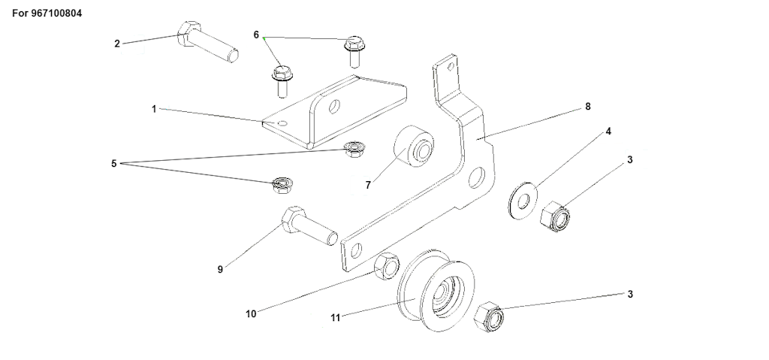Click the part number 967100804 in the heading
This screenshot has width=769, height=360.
56,14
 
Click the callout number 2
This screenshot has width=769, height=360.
116,44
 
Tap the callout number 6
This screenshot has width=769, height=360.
256,35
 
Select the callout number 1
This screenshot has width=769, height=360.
153,109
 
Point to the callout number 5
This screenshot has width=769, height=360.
114,164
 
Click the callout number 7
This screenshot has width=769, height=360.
368,185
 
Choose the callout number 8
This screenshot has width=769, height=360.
588,106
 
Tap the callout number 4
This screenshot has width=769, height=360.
608,131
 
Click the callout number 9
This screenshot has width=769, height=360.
220,269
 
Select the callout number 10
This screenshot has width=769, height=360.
251,314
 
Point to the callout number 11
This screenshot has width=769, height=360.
335,318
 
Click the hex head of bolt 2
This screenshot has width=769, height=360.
188,34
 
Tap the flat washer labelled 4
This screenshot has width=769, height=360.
523,201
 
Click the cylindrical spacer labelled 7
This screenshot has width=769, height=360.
414,146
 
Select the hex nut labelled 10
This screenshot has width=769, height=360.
387,266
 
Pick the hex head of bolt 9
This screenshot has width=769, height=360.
294,220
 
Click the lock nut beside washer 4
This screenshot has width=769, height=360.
555,216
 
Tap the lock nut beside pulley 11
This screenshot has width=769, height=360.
489,316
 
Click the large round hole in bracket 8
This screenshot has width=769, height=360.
476,178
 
